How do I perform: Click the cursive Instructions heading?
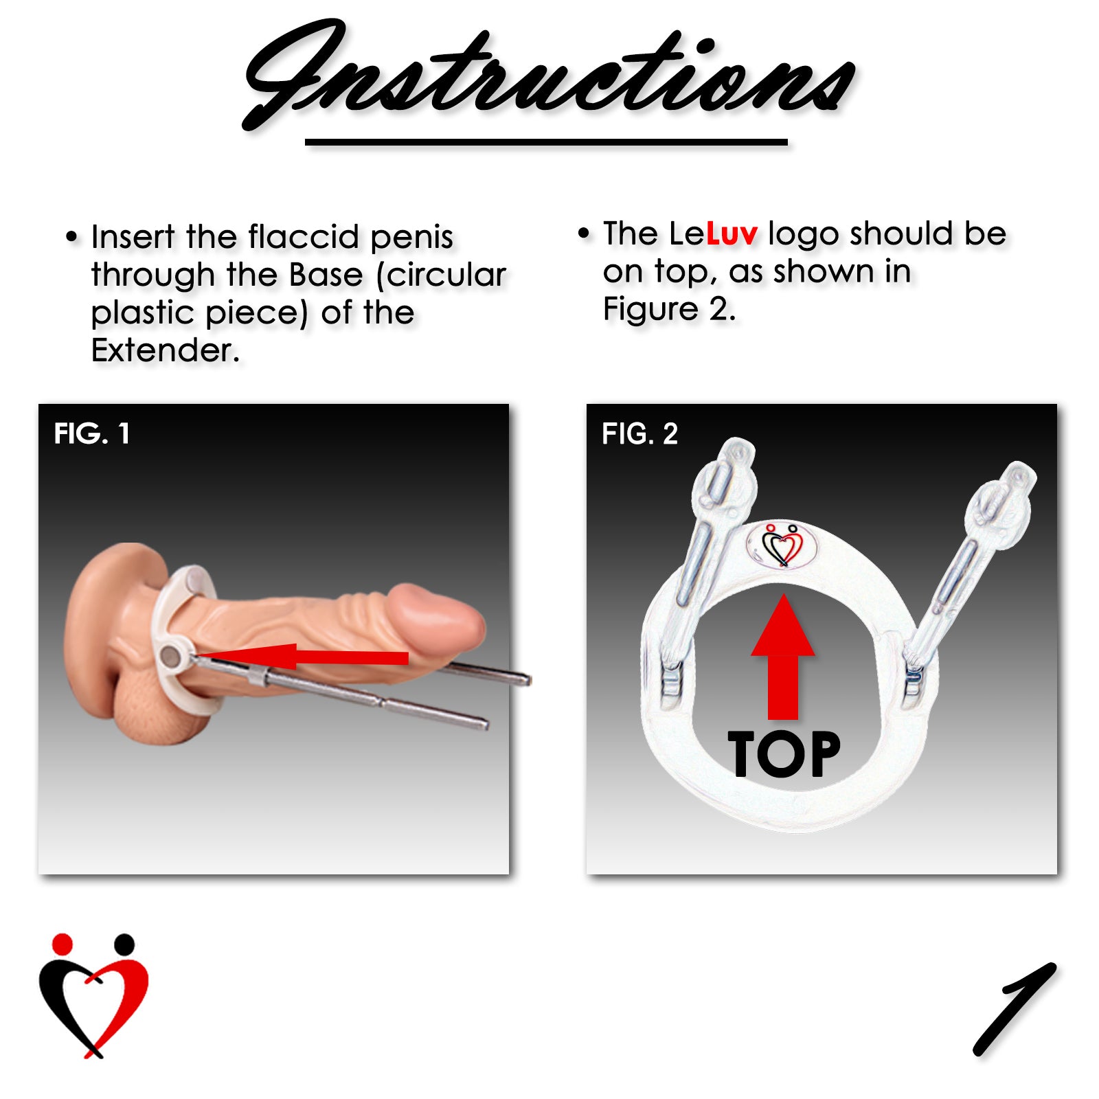coord(549,76)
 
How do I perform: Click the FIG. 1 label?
coord(92,434)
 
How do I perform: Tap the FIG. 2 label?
coord(639,434)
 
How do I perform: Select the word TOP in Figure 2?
coord(784,755)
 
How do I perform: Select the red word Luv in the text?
coord(732,234)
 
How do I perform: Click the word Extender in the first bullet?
coord(165,350)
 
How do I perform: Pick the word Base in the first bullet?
coord(326,275)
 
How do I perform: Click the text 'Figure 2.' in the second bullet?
coord(668,309)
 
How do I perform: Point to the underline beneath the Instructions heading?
coord(546,142)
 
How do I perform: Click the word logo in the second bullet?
coord(804,234)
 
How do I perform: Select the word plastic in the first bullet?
coord(143,313)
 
